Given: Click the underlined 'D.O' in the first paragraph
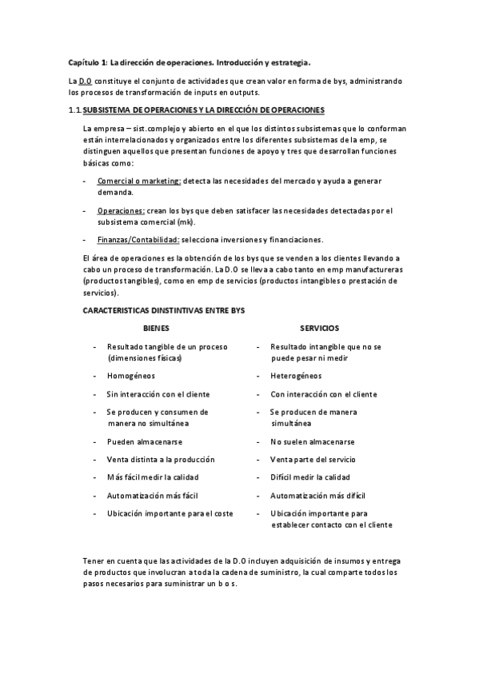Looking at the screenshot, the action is [x=84, y=82].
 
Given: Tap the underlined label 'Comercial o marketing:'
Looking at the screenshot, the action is [x=139, y=181].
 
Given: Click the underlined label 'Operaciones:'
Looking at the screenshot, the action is [x=121, y=211].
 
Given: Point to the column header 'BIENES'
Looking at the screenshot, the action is [x=156, y=328].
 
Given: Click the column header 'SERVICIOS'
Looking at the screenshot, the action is [x=319, y=328].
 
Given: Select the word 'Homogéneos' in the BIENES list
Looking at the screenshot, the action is [x=131, y=376].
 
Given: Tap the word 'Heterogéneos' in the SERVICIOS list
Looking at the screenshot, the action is [x=296, y=376].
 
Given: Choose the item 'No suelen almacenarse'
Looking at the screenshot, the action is [x=313, y=441].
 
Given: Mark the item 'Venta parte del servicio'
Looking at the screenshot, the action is [x=313, y=460].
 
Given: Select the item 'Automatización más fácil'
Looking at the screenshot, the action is [x=153, y=496].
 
